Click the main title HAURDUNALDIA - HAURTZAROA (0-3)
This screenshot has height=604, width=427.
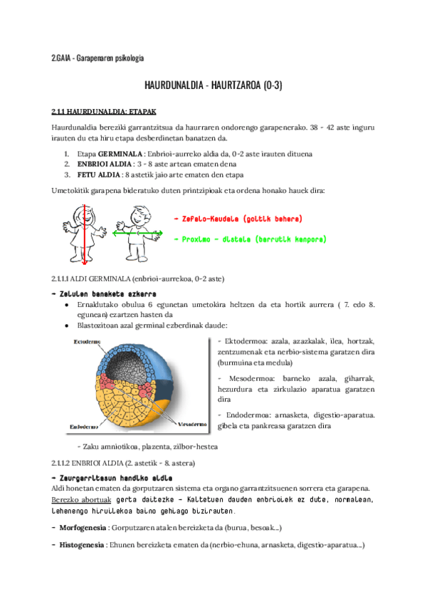pyautogui.click(x=213, y=85)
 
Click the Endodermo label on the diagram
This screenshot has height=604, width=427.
pyautogui.click(x=83, y=427)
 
